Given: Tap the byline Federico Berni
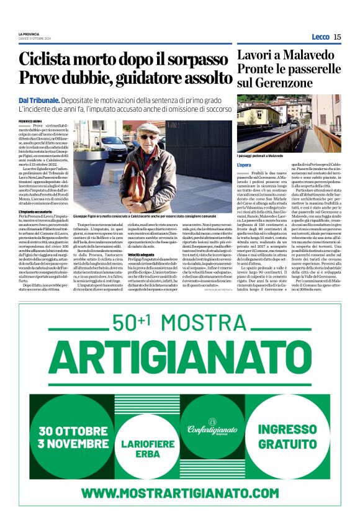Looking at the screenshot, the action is click(x=29, y=120).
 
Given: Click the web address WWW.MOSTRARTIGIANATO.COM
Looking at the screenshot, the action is click(x=179, y=493).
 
